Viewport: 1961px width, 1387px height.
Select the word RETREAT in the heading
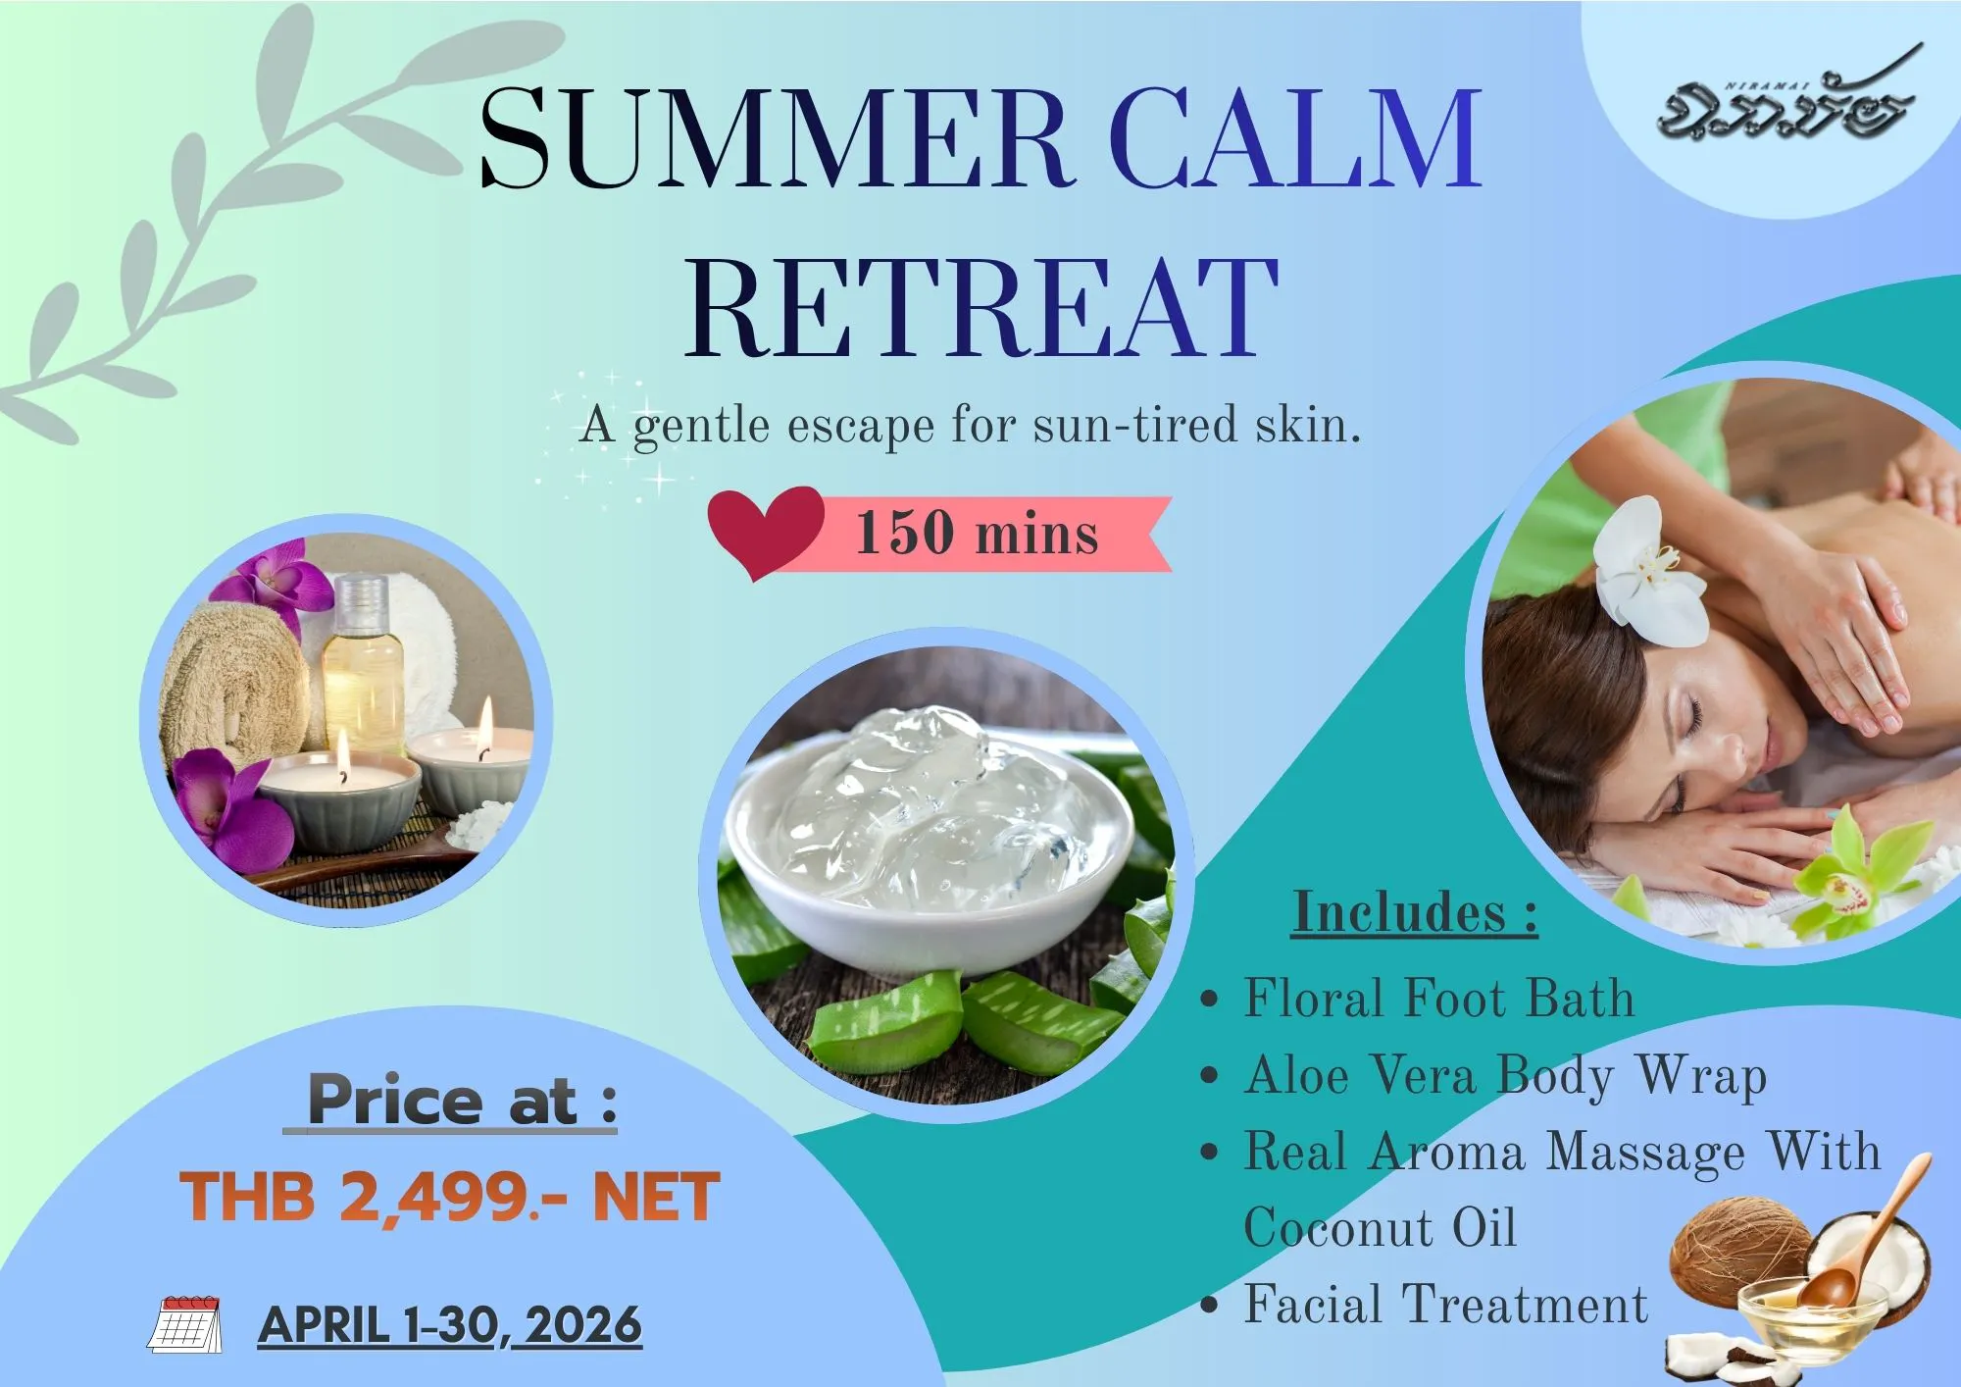coord(981,306)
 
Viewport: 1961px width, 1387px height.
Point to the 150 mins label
coord(978,534)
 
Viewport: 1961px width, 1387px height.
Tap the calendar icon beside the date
coord(184,1324)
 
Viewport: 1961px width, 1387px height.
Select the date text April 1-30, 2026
coord(450,1326)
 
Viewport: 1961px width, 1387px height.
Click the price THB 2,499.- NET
coord(450,1197)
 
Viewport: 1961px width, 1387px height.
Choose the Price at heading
coord(451,1101)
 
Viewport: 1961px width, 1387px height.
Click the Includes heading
coord(1415,912)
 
